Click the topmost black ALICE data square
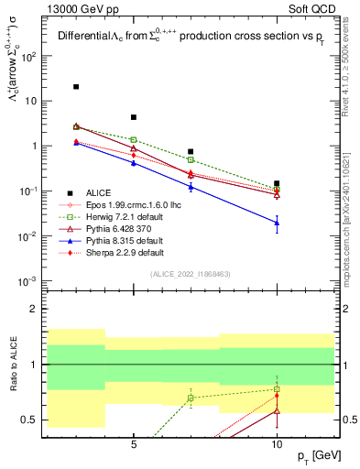tap(76, 87)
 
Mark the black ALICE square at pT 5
tap(134, 117)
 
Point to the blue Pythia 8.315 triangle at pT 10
tap(277, 223)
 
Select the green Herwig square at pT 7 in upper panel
tap(191, 159)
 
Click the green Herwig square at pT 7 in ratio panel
tap(191, 398)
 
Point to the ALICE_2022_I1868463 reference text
tap(191, 274)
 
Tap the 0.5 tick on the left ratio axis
tap(34, 420)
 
